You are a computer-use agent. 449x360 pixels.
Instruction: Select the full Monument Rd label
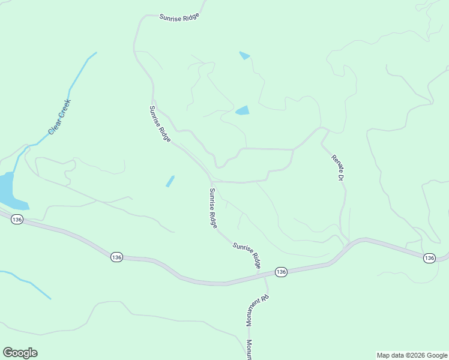tap(256, 310)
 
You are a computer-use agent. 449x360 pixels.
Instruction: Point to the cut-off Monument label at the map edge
tap(249, 349)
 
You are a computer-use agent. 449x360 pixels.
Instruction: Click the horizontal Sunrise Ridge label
tap(179, 17)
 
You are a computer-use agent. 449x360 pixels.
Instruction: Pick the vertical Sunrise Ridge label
tap(212, 208)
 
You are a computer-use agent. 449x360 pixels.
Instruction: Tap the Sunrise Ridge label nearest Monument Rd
tap(247, 255)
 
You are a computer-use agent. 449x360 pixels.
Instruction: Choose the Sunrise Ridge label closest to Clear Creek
tap(160, 124)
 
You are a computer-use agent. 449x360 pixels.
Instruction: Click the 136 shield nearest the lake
tap(17, 220)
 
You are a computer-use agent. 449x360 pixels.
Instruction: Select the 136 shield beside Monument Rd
tap(281, 272)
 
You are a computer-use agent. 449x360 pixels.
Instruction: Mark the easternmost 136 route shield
tap(429, 258)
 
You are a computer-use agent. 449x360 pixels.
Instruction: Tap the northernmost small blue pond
tap(244, 56)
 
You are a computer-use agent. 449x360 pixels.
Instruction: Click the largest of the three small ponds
tap(243, 110)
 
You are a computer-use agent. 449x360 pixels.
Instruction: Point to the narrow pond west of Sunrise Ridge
tap(170, 181)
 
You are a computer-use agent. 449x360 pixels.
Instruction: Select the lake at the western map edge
tap(8, 191)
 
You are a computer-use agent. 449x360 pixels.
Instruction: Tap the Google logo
tap(20, 353)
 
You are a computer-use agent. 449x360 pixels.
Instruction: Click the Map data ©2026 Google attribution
tap(411, 355)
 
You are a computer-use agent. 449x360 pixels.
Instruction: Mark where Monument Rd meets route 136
tap(259, 277)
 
